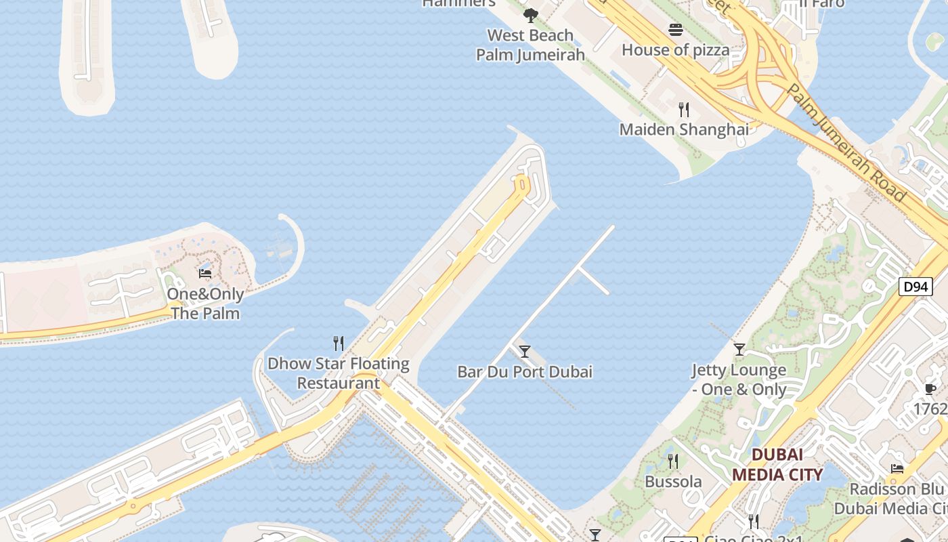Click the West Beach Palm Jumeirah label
click(x=530, y=45)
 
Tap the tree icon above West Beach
click(x=531, y=15)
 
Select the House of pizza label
click(x=675, y=49)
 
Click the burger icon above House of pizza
click(x=676, y=30)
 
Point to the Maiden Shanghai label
click(x=684, y=129)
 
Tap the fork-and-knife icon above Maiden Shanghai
click(x=684, y=109)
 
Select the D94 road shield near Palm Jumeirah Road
click(x=915, y=287)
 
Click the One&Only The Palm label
click(x=205, y=304)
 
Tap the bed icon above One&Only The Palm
click(x=205, y=273)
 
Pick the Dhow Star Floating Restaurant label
click(x=339, y=373)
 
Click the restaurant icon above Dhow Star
click(x=339, y=343)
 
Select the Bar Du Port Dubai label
click(x=525, y=371)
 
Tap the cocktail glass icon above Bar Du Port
click(x=525, y=351)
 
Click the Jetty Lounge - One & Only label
click(x=739, y=379)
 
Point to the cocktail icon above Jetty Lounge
click(x=739, y=350)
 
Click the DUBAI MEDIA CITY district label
click(x=777, y=464)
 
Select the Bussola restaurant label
click(x=673, y=482)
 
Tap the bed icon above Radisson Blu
click(x=897, y=468)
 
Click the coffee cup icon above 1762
click(x=930, y=389)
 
